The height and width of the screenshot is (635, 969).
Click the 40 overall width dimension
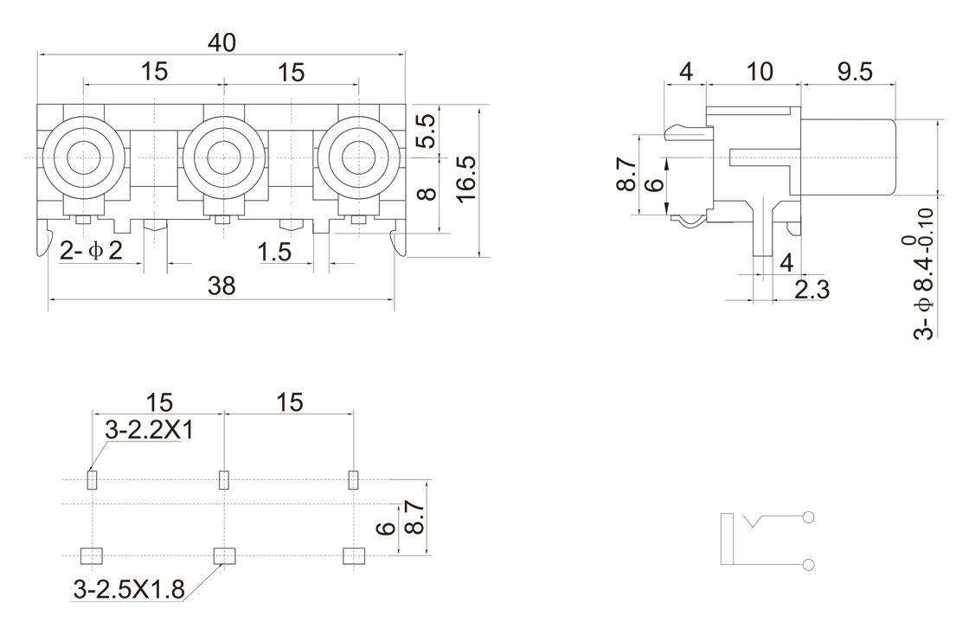pos(222,42)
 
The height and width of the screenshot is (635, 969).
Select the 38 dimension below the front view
pos(222,287)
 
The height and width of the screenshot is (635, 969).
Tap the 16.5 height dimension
pos(466,180)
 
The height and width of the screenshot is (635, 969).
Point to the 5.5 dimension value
pos(426,131)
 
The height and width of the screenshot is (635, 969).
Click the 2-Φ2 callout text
pos(92,251)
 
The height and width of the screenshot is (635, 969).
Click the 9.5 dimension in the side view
pos(854,73)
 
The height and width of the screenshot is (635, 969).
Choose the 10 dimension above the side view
pos(759,73)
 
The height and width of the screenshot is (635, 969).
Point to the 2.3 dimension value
pos(812,290)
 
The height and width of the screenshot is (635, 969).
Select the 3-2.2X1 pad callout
pos(149,430)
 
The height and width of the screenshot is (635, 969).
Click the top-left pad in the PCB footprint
pos(93,478)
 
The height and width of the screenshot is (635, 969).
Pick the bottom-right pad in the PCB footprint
pos(353,555)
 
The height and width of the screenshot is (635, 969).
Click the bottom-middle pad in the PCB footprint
pos(223,555)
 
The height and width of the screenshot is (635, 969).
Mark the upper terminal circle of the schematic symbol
pos(809,518)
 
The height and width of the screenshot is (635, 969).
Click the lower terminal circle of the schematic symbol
pos(809,565)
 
